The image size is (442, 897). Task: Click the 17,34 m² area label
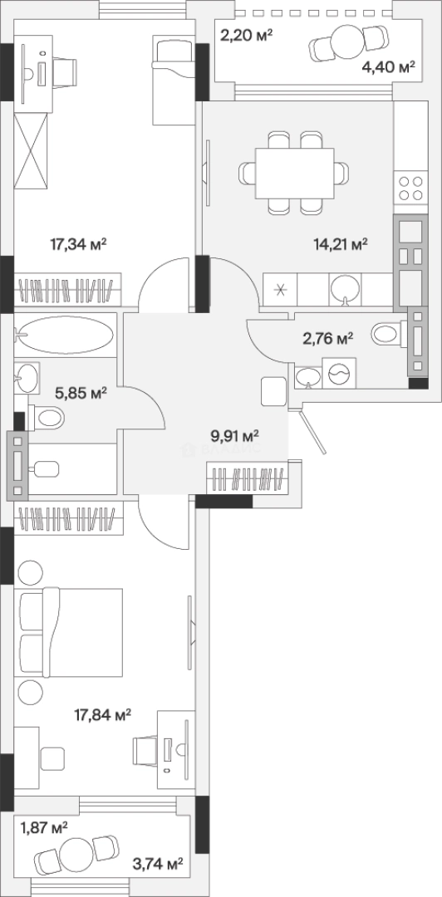(79, 245)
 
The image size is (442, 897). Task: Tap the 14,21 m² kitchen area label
(340, 245)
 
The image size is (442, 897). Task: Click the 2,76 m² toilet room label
(327, 339)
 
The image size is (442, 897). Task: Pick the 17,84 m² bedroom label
(103, 714)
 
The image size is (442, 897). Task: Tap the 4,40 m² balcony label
(388, 67)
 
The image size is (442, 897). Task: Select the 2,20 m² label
(246, 37)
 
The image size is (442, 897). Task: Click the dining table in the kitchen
(294, 172)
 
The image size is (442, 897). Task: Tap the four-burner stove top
(411, 189)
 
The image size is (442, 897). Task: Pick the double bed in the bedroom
(71, 633)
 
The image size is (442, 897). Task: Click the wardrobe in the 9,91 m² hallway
(247, 478)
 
